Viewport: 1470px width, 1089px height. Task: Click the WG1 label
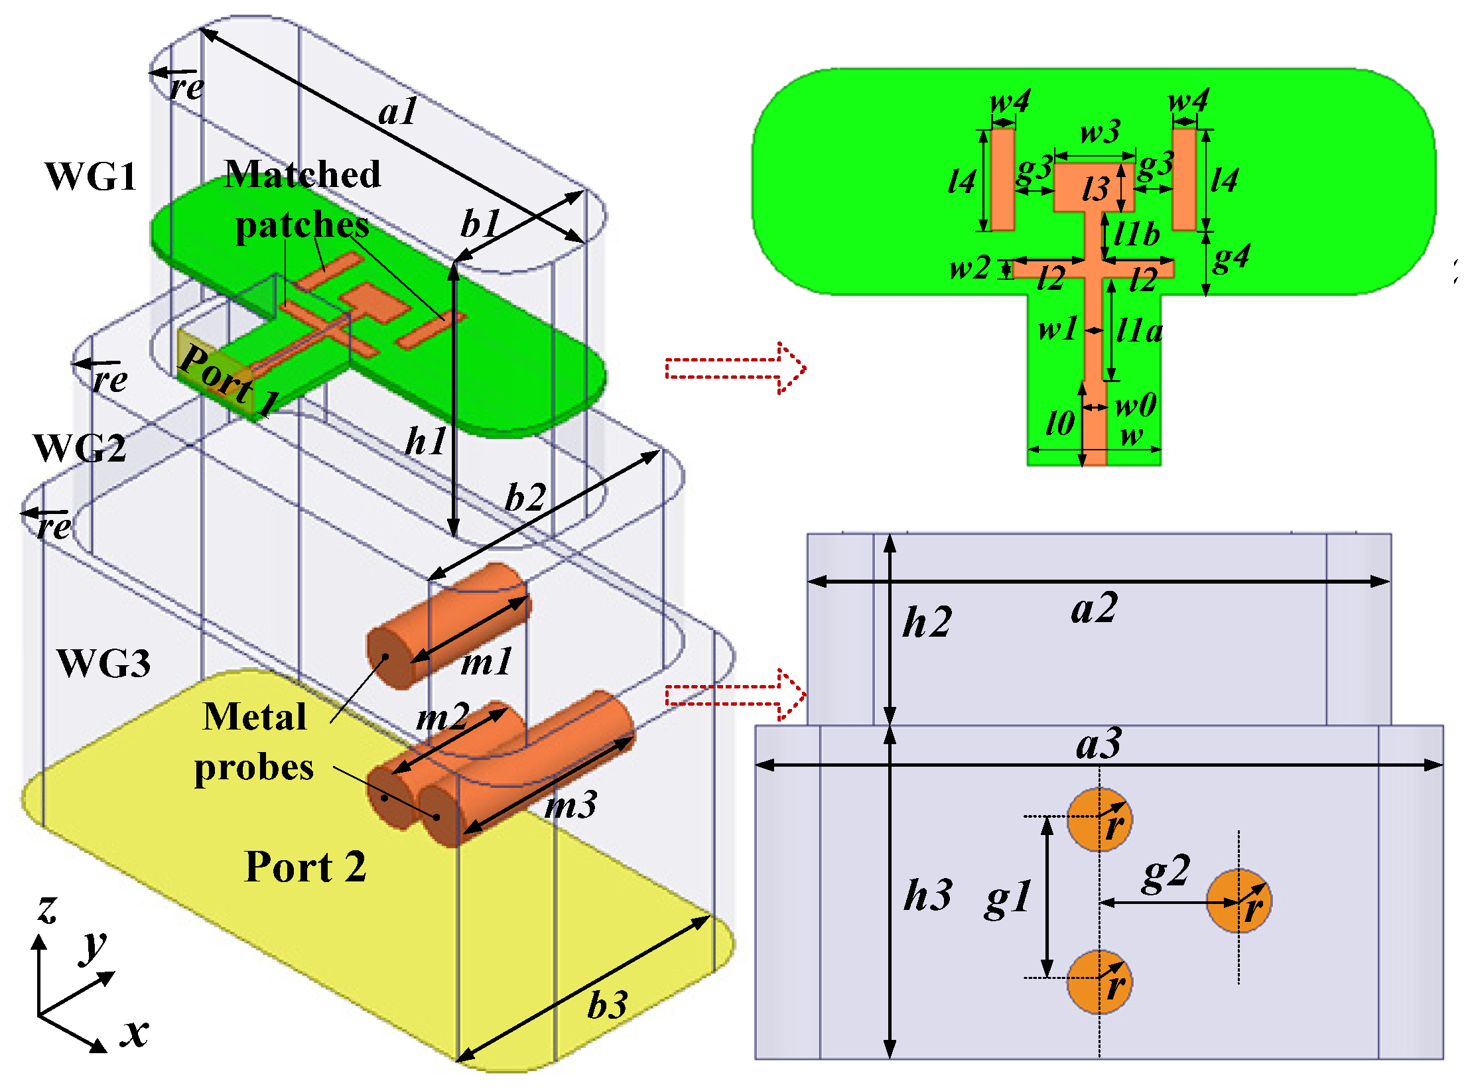[91, 177]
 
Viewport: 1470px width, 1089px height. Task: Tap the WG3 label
[103, 663]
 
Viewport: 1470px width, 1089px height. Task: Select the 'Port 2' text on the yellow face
[305, 867]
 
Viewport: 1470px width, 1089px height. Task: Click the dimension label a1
[397, 111]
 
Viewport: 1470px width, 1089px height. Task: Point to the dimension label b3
[607, 1005]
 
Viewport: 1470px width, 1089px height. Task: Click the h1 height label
[425, 441]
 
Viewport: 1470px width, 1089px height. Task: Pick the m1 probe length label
[487, 662]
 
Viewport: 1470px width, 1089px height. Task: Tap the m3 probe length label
[570, 806]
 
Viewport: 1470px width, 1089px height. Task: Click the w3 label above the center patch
[1100, 132]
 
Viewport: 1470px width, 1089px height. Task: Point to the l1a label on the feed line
[1139, 330]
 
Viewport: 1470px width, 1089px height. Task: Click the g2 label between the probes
[1166, 874]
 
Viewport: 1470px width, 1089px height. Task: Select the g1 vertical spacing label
[1008, 899]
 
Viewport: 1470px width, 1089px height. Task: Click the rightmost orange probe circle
[1238, 901]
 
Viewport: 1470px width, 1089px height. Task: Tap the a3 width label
[1099, 744]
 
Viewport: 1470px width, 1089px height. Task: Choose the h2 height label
[927, 623]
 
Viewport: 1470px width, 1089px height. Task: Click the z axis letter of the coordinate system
[47, 909]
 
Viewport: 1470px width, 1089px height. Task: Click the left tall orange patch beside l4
[1002, 180]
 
